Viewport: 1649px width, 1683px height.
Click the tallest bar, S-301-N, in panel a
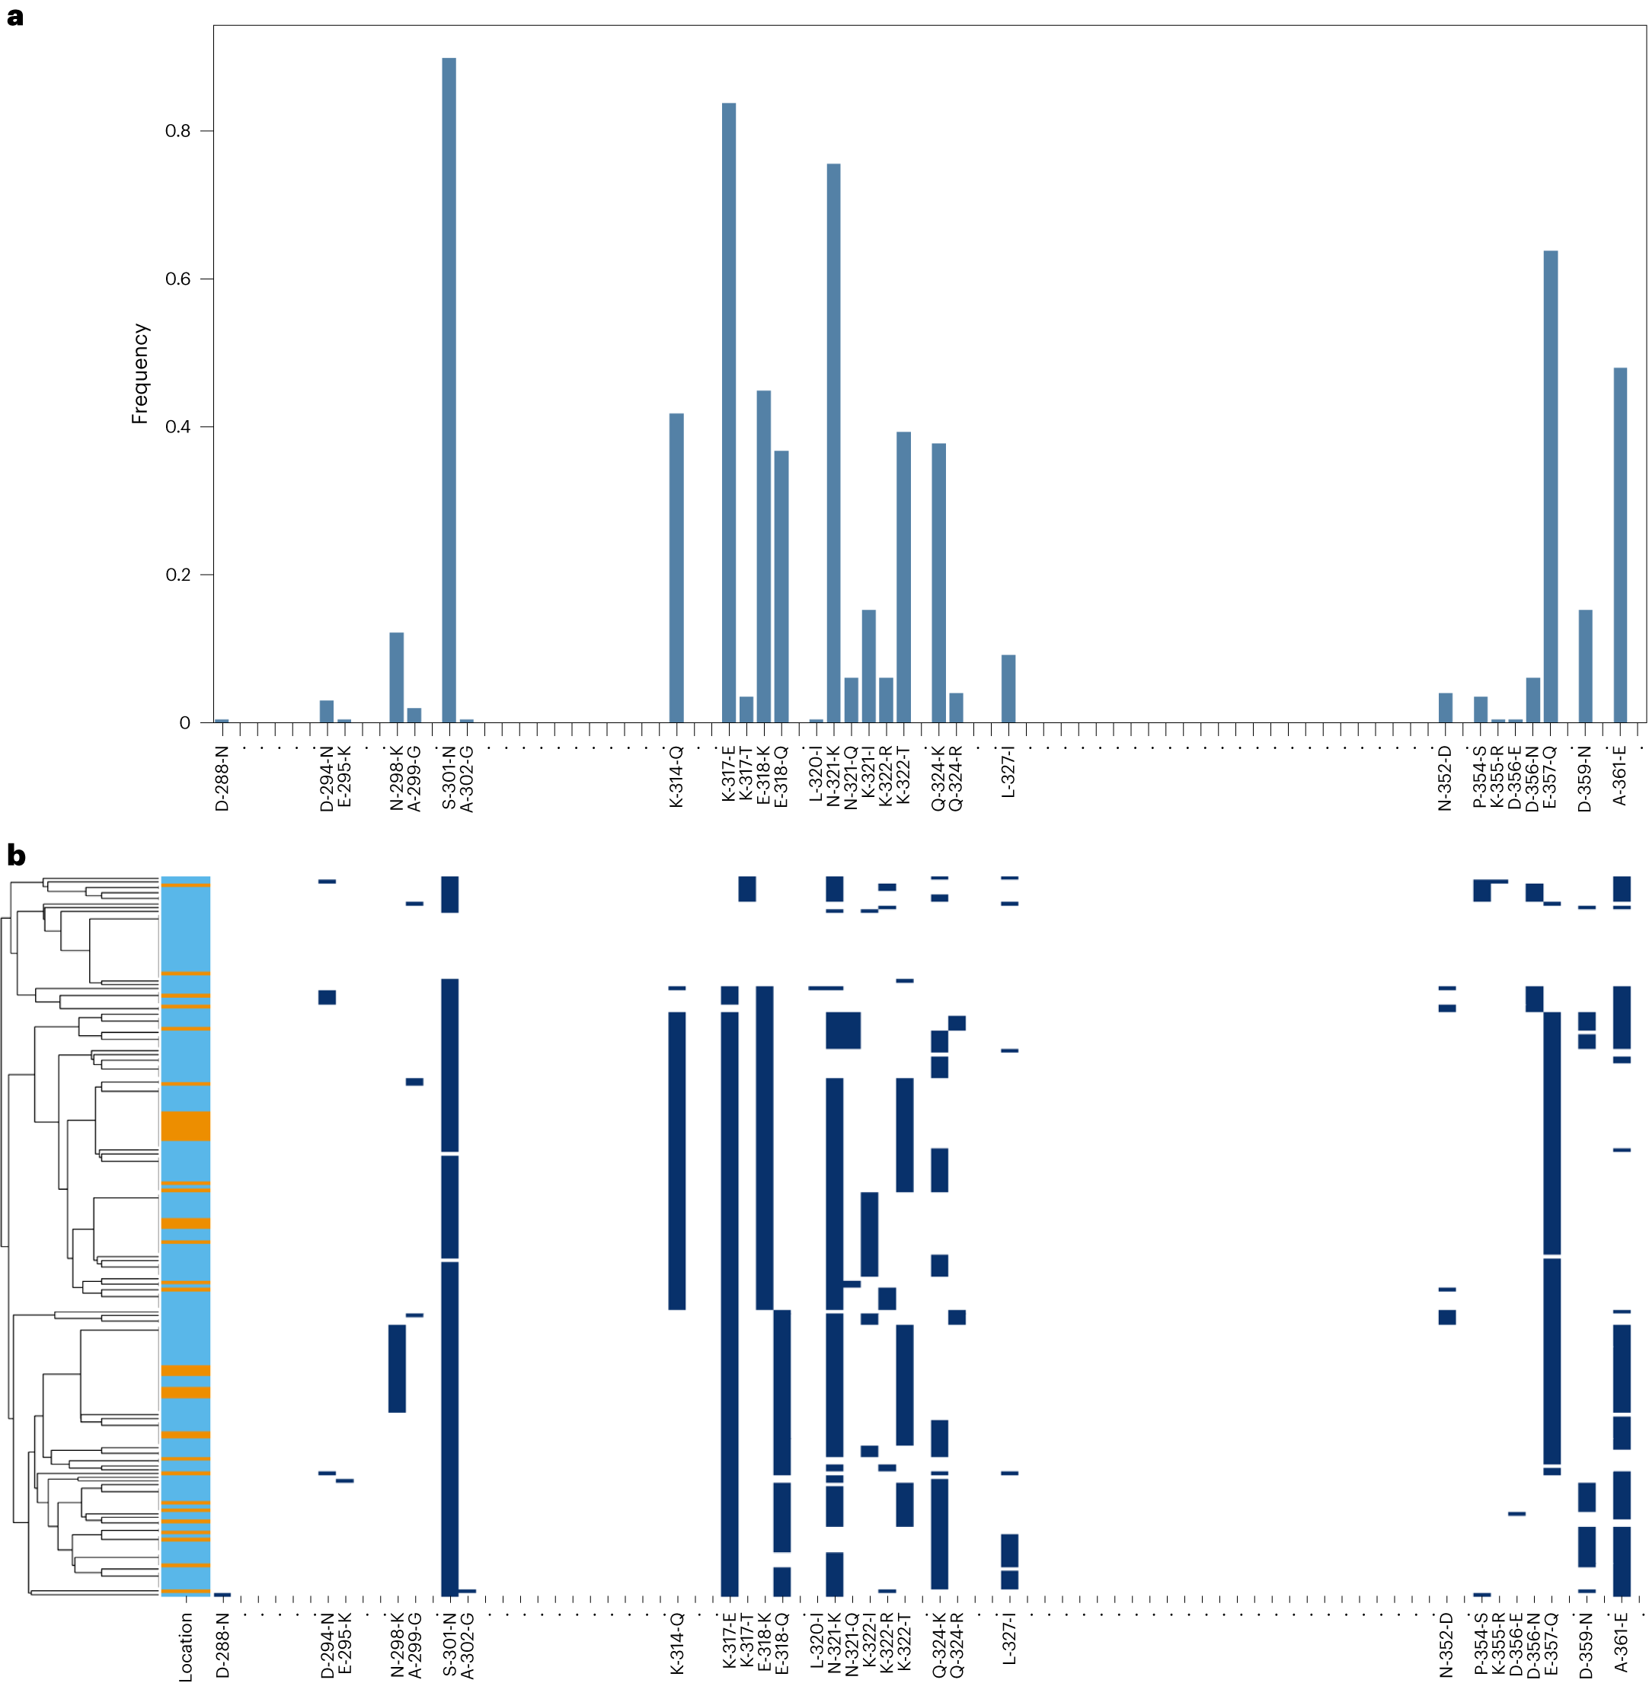pos(449,390)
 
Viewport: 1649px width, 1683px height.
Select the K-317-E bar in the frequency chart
pos(728,412)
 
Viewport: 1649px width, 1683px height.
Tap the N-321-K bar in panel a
pos(833,442)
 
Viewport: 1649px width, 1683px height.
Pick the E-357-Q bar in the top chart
pos(1550,486)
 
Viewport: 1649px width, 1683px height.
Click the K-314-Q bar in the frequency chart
pos(676,567)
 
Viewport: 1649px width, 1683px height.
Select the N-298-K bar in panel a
pos(396,677)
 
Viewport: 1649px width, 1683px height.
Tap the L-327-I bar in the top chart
pos(1008,688)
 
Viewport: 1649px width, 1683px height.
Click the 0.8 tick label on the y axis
pos(177,131)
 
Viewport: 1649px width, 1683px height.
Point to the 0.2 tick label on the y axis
pos(177,575)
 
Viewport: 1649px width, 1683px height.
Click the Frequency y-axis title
pos(140,374)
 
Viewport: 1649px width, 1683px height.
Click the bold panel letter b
pos(15,856)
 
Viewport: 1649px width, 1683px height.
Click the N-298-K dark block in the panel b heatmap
pos(397,1368)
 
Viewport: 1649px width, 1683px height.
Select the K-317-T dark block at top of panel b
pos(746,888)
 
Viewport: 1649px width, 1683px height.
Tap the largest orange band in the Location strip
pos(185,1126)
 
